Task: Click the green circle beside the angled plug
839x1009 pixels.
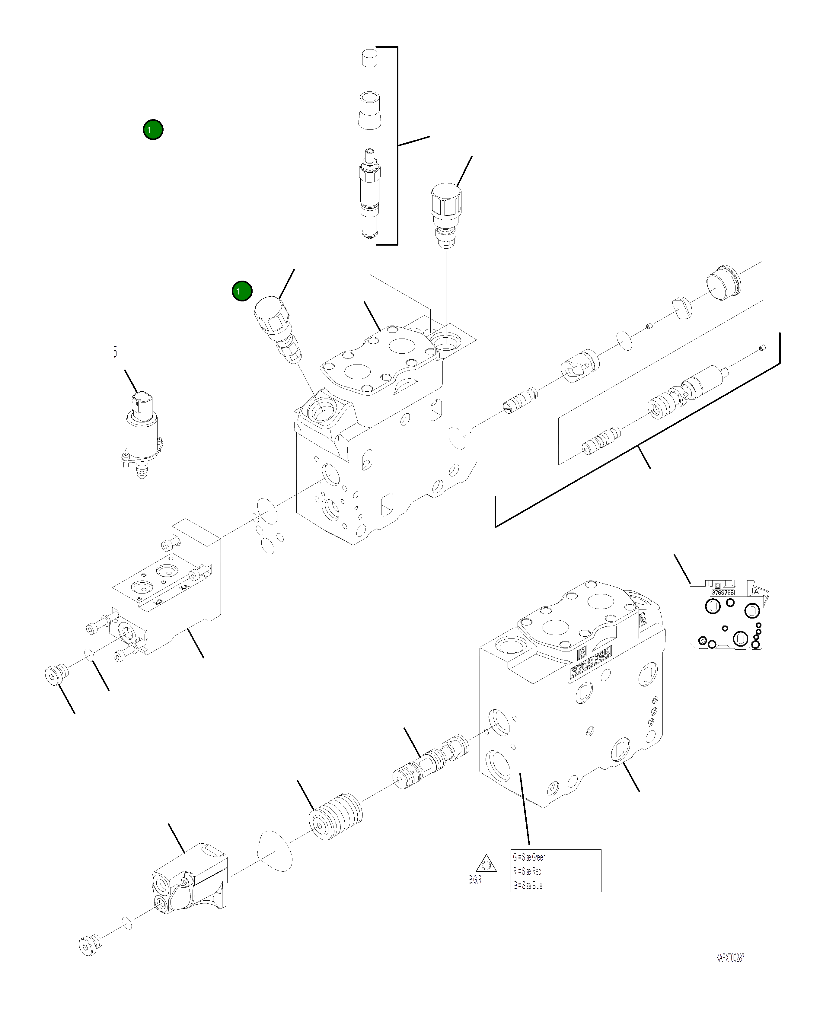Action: point(242,291)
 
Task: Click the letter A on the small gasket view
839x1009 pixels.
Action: point(756,591)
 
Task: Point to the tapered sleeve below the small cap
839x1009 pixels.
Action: point(370,111)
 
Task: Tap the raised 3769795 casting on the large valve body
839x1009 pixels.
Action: point(591,664)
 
